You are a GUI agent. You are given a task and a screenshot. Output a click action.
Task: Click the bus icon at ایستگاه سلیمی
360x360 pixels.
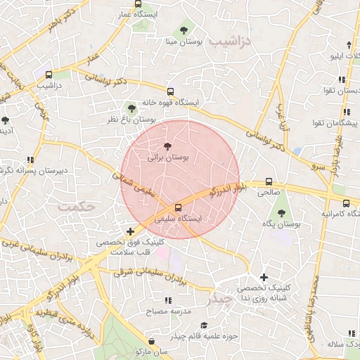pyautogui.click(x=177, y=207)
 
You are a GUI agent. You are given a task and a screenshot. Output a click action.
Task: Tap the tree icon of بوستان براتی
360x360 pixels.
pyautogui.click(x=167, y=145)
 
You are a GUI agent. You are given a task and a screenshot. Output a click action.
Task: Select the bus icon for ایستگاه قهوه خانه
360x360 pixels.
pyautogui.click(x=170, y=91)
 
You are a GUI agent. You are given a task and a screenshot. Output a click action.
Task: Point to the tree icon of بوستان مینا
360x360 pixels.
pyautogui.click(x=184, y=30)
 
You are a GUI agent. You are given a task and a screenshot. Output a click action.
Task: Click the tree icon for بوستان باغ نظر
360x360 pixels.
pyautogui.click(x=131, y=108)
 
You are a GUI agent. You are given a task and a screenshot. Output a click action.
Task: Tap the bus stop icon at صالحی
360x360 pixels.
pyautogui.click(x=269, y=180)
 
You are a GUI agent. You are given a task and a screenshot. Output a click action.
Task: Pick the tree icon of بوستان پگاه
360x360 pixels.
pyautogui.click(x=281, y=212)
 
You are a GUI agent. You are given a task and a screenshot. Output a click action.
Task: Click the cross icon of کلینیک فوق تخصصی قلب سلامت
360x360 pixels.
pyautogui.click(x=129, y=231)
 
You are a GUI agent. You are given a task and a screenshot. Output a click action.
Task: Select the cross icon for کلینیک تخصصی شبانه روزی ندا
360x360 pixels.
pyautogui.click(x=264, y=277)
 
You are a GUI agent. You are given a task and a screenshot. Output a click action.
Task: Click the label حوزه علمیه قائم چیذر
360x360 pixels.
pyautogui.click(x=210, y=335)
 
